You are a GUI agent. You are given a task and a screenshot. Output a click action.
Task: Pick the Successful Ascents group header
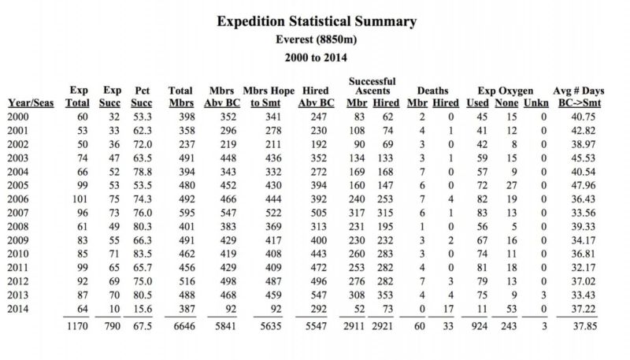tap(372, 86)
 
